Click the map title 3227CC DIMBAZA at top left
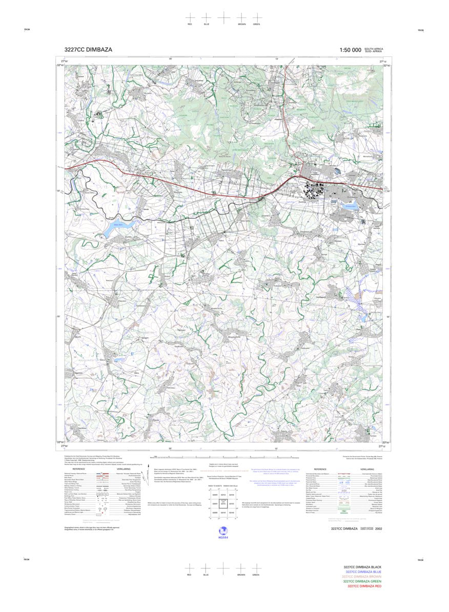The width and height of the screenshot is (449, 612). pyautogui.click(x=88, y=50)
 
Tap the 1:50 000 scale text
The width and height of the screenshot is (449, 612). pyautogui.click(x=350, y=50)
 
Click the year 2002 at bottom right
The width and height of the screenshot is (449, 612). pyautogui.click(x=379, y=528)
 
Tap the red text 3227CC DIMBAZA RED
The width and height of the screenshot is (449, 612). pyautogui.click(x=364, y=586)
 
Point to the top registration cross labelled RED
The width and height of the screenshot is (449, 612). pyautogui.click(x=190, y=17)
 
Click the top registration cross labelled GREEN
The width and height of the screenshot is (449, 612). pyautogui.click(x=256, y=17)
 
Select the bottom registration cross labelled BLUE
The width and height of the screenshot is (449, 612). pyautogui.click(x=206, y=568)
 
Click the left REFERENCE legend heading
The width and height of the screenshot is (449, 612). pyautogui.click(x=78, y=469)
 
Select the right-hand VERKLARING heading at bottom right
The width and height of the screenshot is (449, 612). pyautogui.click(x=367, y=469)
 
